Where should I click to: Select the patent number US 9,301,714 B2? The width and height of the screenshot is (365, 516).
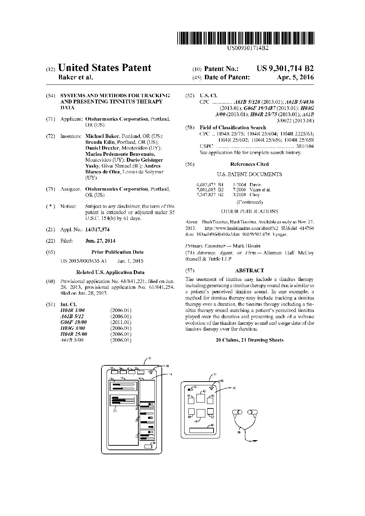tap(285, 68)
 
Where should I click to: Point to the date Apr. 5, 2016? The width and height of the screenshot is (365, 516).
tap(295, 78)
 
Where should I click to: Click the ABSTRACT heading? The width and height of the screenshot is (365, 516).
tap(249, 271)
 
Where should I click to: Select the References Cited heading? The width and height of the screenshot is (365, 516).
tap(249, 164)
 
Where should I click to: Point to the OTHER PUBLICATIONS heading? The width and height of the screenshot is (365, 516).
tap(249, 211)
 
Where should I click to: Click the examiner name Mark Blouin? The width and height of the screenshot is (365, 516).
tap(247, 246)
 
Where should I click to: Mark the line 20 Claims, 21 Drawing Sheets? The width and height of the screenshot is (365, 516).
tap(249, 340)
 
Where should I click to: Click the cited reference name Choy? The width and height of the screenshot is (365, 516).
tap(255, 195)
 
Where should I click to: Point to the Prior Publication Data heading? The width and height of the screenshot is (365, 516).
tap(117, 252)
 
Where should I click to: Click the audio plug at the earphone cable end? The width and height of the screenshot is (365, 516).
tap(254, 440)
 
